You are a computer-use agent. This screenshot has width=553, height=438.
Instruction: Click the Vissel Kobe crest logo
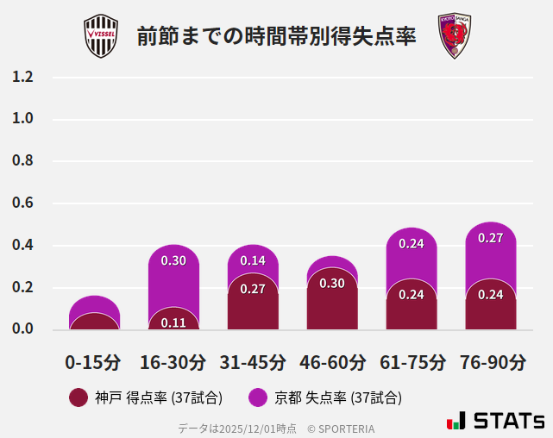coord(101,36)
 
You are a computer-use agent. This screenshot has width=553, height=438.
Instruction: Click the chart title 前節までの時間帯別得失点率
coord(276,37)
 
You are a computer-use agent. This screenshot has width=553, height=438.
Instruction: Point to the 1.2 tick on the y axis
coord(22,77)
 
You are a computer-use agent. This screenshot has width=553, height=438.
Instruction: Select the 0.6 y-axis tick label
coord(22,203)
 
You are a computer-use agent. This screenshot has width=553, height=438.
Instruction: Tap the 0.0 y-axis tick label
coord(22,329)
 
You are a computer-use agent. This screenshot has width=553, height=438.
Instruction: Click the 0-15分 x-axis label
coord(93,361)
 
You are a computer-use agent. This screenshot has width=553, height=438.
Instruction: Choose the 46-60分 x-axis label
coord(332,361)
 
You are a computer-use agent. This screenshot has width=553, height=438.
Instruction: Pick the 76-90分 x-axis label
coord(491,361)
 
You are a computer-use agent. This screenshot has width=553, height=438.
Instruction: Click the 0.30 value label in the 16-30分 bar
coord(173,260)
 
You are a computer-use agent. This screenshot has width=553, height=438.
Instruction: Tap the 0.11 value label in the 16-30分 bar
coord(173,322)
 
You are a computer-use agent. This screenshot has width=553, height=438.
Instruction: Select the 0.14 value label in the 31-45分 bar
coord(253,260)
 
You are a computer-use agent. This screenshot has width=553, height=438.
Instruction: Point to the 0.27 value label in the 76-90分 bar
coord(491,238)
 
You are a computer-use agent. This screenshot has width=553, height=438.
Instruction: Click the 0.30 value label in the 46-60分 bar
coord(332,283)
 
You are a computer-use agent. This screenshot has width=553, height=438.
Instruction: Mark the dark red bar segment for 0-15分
coord(94,322)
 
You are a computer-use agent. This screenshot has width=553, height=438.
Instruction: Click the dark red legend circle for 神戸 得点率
coord(79,397)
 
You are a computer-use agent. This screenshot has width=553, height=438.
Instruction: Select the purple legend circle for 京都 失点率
coord(257,397)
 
